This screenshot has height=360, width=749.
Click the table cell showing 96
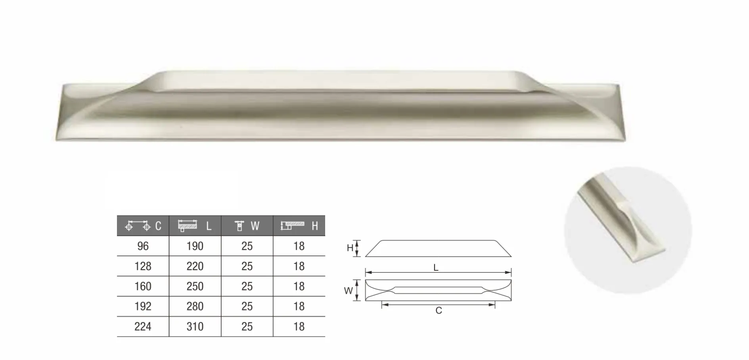click(143, 246)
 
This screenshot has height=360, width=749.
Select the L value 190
click(195, 246)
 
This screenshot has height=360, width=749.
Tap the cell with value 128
click(143, 266)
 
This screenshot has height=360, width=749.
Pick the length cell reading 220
click(195, 266)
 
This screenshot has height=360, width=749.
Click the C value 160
click(143, 286)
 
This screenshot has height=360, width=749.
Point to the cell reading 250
click(195, 286)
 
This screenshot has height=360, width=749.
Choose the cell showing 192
click(143, 306)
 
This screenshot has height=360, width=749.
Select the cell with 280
click(195, 306)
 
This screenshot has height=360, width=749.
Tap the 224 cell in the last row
click(143, 326)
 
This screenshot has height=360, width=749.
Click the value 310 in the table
click(195, 326)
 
